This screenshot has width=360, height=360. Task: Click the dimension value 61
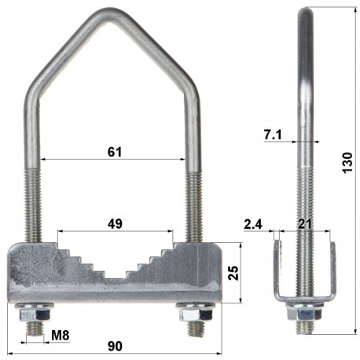(x=115, y=151)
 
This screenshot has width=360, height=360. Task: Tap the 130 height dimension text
(x=348, y=163)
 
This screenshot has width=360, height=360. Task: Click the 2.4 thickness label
(x=253, y=225)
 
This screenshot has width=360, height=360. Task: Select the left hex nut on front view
(x=34, y=312)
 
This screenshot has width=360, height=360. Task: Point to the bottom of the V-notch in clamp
(x=115, y=277)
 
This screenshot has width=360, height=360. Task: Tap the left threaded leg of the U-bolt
(x=35, y=200)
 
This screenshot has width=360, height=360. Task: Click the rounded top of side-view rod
(x=303, y=11)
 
